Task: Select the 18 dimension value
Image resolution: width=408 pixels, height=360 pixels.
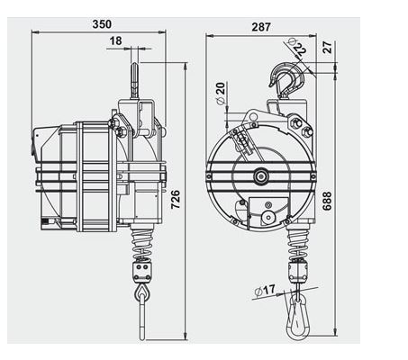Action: click(x=141, y=41)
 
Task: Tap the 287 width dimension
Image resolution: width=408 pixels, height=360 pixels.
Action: click(x=262, y=26)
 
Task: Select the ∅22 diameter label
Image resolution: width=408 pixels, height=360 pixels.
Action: click(x=296, y=45)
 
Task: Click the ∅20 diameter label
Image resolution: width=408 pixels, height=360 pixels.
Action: click(x=221, y=93)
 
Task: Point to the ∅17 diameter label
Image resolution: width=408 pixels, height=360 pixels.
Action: click(x=266, y=290)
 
